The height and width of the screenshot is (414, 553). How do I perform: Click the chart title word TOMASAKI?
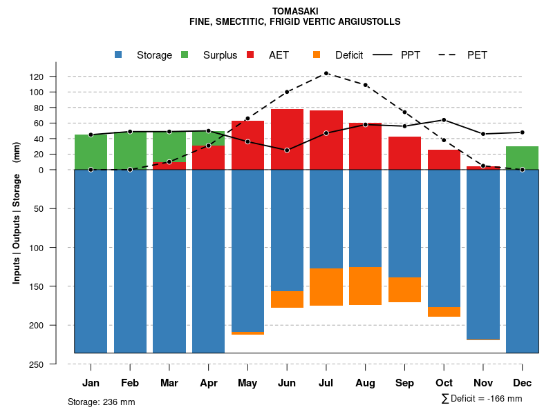[x=295, y=11]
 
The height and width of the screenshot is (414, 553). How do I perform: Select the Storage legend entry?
[x=153, y=55]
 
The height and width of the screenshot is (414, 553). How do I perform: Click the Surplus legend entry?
[x=220, y=55]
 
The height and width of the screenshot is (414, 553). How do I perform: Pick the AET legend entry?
[x=279, y=55]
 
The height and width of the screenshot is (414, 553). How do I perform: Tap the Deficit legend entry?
[x=348, y=55]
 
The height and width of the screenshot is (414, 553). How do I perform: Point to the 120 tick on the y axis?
[x=56, y=77]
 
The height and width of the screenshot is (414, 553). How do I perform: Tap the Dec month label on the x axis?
[x=522, y=383]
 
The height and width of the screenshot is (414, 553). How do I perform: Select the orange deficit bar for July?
[x=326, y=287]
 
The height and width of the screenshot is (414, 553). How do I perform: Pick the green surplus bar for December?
[x=522, y=158]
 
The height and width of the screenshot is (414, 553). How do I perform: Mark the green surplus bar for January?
[x=91, y=152]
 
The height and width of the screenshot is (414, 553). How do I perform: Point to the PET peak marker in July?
[x=326, y=73]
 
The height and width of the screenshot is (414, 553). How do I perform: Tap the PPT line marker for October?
[x=444, y=120]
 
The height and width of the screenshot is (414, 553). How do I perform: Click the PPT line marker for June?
[x=287, y=150]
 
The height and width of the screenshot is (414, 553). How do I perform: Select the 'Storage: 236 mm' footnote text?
[x=102, y=402]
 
